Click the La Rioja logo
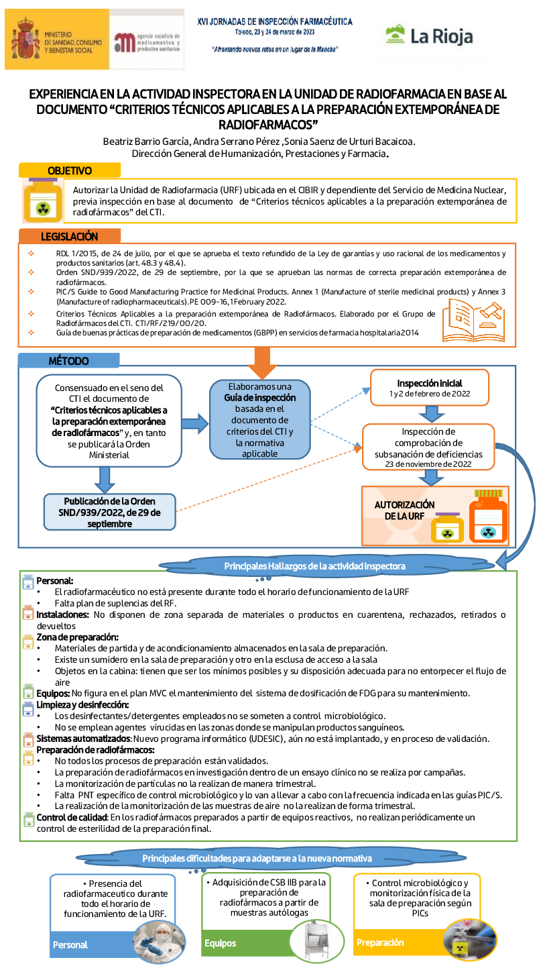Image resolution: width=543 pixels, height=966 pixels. click(430, 36)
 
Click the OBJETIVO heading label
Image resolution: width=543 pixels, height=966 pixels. click(69, 171)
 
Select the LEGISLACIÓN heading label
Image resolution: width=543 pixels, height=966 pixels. click(69, 236)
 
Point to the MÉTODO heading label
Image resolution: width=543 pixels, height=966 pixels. click(68, 361)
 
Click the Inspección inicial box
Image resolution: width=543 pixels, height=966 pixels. click(429, 388)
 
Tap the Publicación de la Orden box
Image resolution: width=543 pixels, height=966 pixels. click(109, 513)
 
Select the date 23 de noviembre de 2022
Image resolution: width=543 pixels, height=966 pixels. click(428, 463)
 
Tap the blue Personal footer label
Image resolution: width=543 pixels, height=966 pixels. click(70, 945)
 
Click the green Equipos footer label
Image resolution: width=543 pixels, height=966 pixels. click(221, 943)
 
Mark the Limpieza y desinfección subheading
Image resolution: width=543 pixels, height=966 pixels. click(82, 704)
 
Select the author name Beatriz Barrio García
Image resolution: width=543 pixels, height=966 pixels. click(146, 141)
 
